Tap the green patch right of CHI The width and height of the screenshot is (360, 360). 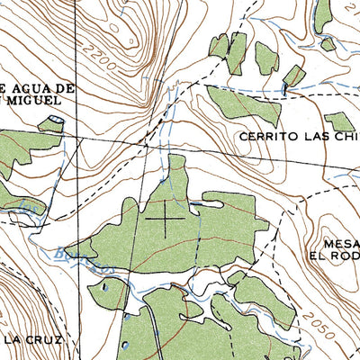point(339,121)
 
